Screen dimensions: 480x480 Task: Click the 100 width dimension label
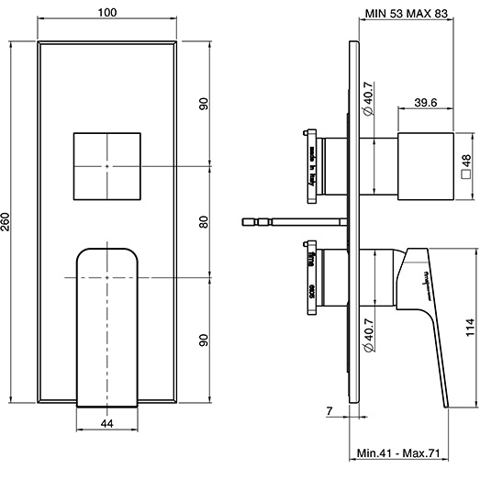[x=107, y=13]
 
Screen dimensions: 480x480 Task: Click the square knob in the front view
[x=107, y=165]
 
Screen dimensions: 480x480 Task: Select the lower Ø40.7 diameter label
[x=368, y=339]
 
